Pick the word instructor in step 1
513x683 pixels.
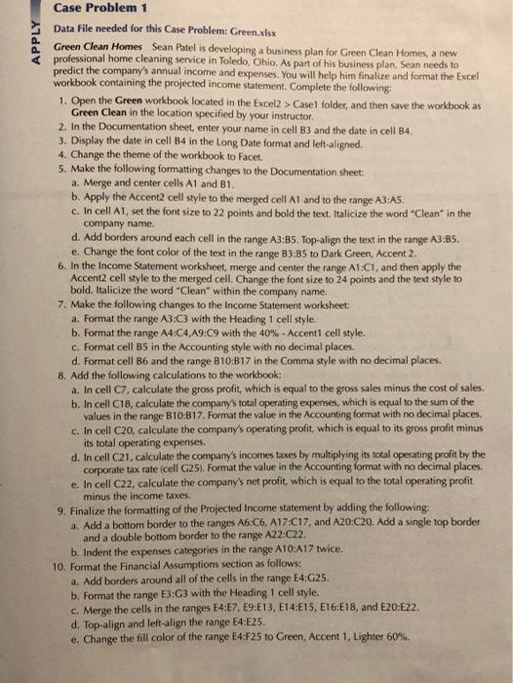coord(292,113)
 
